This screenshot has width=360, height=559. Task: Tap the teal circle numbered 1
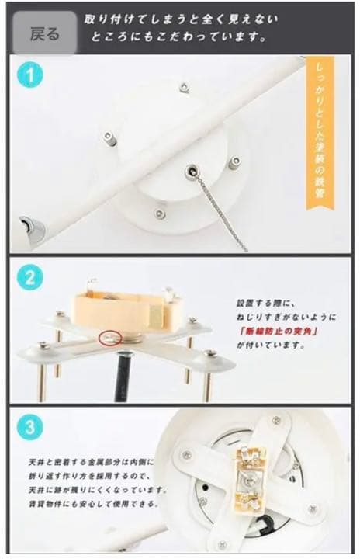pyautogui.click(x=30, y=75)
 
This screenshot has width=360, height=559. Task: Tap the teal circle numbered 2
pyautogui.click(x=30, y=277)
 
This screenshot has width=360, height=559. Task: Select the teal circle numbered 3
pyautogui.click(x=30, y=427)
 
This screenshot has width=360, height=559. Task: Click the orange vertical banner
pyautogui.click(x=320, y=133)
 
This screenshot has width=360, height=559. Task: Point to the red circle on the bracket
pyautogui.click(x=110, y=338)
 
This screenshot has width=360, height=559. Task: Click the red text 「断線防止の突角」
pyautogui.click(x=279, y=331)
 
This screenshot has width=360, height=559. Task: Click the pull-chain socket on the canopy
pyautogui.click(x=192, y=172)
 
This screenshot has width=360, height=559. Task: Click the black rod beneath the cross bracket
pyautogui.click(x=123, y=377)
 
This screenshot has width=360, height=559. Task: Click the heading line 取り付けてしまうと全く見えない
pyautogui.click(x=181, y=19)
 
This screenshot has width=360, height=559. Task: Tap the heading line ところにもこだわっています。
pyautogui.click(x=179, y=37)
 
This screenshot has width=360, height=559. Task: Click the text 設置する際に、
pyautogui.click(x=266, y=304)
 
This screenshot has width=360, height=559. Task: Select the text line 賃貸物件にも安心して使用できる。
pyautogui.click(x=93, y=504)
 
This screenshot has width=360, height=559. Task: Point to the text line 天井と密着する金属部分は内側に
pyautogui.click(x=92, y=463)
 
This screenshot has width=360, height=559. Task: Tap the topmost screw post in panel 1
pyautogui.click(x=184, y=87)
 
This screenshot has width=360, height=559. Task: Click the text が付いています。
pyautogui.click(x=271, y=345)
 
